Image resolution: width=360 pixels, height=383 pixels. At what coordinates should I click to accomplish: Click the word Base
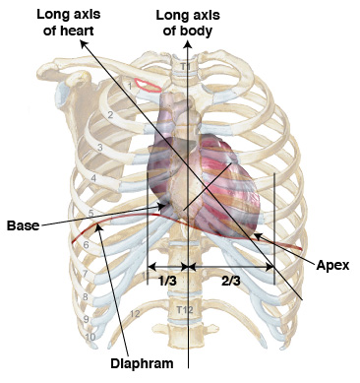pyautogui.click(x=22, y=225)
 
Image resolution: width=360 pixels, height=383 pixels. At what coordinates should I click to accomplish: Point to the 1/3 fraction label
pyautogui.click(x=167, y=281)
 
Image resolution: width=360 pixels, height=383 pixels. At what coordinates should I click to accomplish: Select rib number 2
pyautogui.click(x=111, y=115)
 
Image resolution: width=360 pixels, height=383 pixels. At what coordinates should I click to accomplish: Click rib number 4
pyautogui.click(x=93, y=178)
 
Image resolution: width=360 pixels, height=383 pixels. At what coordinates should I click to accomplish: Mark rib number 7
pyautogui.click(x=85, y=273)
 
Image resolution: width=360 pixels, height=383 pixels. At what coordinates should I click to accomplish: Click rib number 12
pyautogui.click(x=135, y=313)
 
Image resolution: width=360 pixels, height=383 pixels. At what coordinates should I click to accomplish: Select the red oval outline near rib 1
pyautogui.click(x=148, y=85)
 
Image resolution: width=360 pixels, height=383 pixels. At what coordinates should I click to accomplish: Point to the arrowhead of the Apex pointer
pyautogui.click(x=254, y=235)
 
